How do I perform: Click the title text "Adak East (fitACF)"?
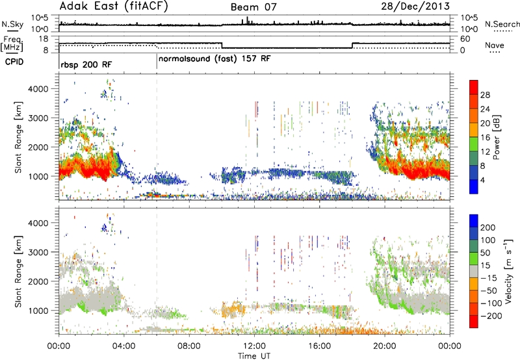[114, 6]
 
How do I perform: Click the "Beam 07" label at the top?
[253, 7]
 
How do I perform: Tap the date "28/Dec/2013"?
[415, 6]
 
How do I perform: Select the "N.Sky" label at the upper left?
[12, 24]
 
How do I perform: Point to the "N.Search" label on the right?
[502, 24]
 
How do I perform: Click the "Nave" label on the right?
[495, 45]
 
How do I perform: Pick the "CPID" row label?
[14, 62]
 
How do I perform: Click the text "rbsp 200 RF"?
[86, 64]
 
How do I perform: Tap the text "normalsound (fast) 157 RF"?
[214, 59]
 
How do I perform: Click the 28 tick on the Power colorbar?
[485, 95]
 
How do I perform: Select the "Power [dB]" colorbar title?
[496, 137]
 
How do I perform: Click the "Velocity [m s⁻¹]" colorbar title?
[508, 271]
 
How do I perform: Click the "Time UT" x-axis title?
[254, 355]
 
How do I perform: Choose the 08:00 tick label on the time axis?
[189, 346]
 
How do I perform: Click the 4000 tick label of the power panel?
[38, 89]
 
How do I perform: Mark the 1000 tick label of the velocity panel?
[38, 311]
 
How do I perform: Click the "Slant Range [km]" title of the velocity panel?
[18, 272]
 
